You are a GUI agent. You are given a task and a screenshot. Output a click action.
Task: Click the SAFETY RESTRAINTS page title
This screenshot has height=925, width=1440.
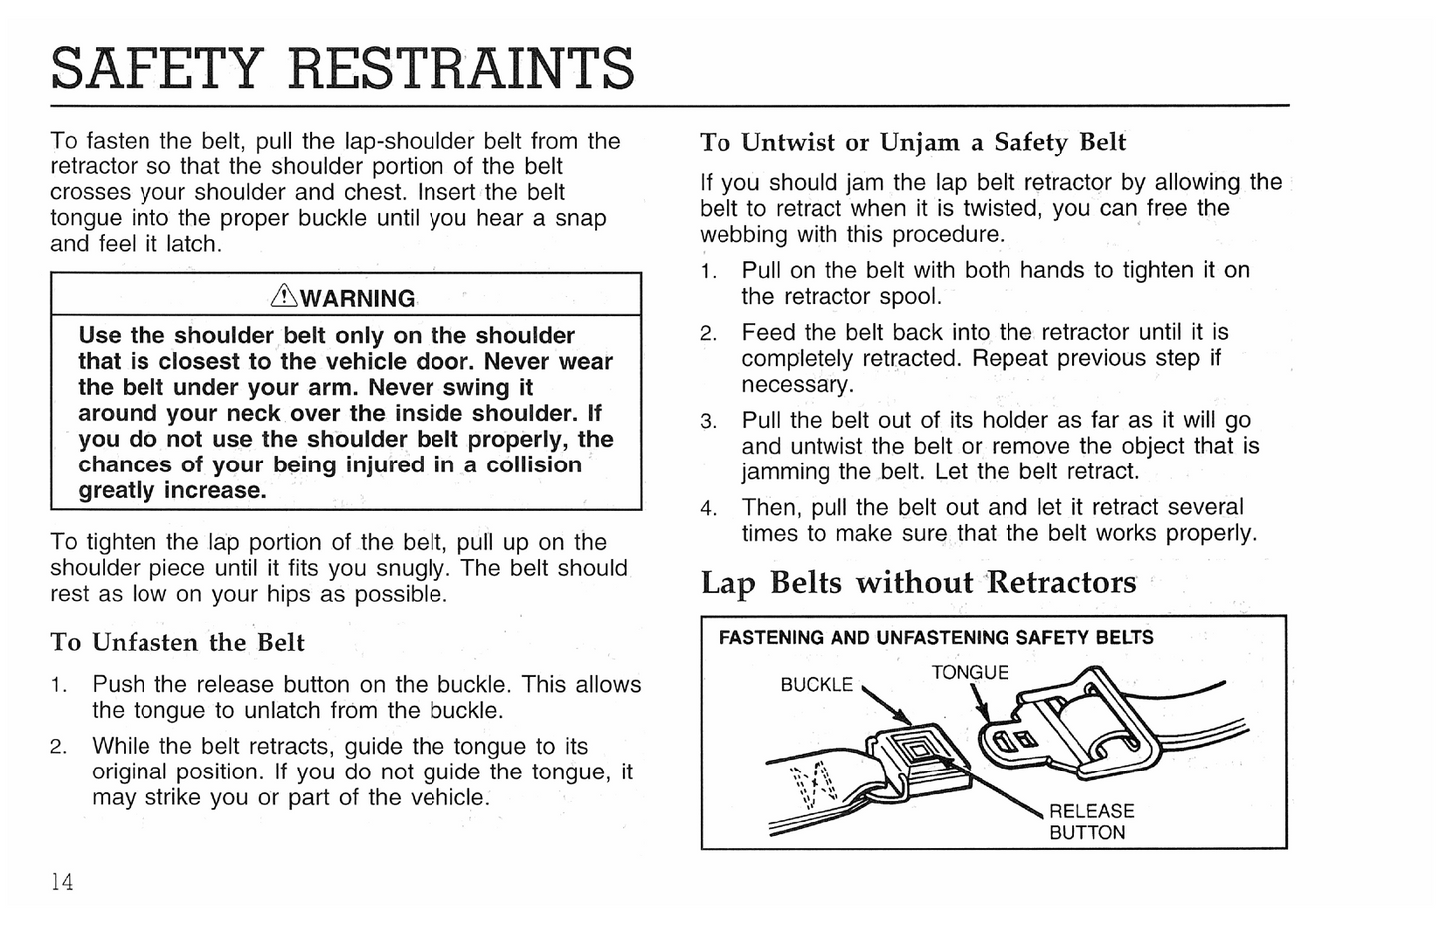[342, 68]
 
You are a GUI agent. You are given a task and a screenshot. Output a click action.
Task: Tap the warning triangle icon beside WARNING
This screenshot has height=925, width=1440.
[283, 296]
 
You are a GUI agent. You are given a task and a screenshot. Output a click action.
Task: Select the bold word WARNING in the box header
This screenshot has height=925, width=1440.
[357, 298]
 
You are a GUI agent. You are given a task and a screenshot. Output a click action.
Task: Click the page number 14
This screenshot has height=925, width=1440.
[62, 881]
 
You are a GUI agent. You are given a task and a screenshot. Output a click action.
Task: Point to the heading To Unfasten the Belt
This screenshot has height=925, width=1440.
[177, 642]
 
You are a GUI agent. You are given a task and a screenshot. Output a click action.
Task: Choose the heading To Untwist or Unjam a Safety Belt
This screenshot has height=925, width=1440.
[912, 142]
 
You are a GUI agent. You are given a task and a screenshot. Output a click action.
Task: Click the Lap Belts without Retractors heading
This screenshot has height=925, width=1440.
[918, 582]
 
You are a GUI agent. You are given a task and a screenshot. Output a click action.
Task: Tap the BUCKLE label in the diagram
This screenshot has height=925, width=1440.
[816, 685]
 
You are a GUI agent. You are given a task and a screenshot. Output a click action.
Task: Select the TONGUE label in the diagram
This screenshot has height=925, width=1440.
[970, 673]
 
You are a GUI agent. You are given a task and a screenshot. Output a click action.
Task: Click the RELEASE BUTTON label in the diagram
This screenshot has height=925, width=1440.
[1091, 822]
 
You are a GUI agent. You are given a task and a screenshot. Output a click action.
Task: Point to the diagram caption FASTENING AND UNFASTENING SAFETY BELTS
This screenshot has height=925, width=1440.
[936, 638]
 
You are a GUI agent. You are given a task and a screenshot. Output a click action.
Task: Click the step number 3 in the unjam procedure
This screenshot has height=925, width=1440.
[708, 422]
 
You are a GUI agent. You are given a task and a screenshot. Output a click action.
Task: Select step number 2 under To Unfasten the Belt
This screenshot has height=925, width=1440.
[59, 747]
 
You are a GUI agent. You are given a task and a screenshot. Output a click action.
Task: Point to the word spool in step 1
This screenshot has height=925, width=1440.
[907, 296]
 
